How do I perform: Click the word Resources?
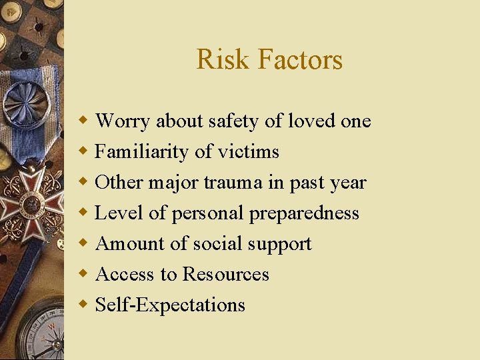click(x=226, y=274)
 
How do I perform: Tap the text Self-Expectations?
click(x=170, y=305)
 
